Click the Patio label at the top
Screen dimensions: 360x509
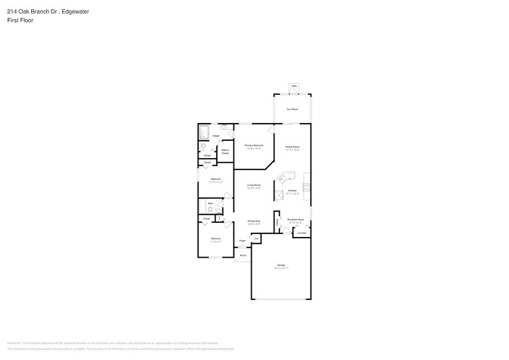(294, 86)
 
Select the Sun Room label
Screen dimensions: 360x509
(293, 109)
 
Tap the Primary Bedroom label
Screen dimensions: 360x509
(254, 146)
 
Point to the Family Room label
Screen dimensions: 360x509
(293, 148)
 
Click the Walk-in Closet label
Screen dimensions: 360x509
(225, 151)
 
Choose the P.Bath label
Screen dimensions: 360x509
(216, 136)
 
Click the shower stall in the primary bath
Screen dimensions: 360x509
(203, 133)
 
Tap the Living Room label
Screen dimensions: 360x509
(254, 186)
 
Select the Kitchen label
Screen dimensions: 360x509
(293, 191)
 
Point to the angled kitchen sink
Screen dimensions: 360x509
(282, 179)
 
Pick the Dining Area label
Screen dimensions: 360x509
(254, 222)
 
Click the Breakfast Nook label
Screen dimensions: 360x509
(296, 220)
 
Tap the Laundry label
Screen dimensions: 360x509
(301, 233)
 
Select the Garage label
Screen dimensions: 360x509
(281, 266)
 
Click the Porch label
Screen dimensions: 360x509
(243, 255)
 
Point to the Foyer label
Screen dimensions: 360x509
(243, 241)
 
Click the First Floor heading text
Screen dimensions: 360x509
(20, 20)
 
